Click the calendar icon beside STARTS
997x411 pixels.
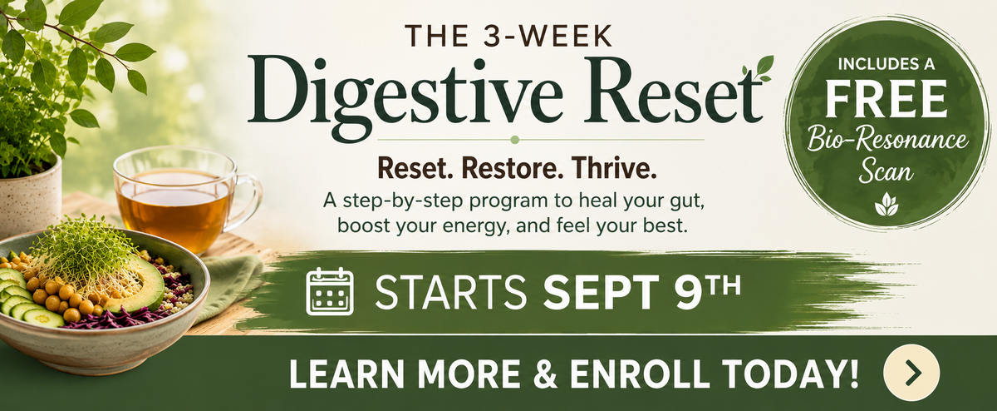330,291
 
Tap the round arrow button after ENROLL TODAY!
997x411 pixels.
911,373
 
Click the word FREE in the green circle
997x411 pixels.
886,98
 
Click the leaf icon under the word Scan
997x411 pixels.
886,204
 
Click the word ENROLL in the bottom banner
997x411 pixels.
640,373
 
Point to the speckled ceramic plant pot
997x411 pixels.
29,196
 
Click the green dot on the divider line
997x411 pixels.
515,140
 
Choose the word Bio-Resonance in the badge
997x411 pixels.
887,139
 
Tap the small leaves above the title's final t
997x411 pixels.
758,68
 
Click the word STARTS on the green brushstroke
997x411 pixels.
450,292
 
